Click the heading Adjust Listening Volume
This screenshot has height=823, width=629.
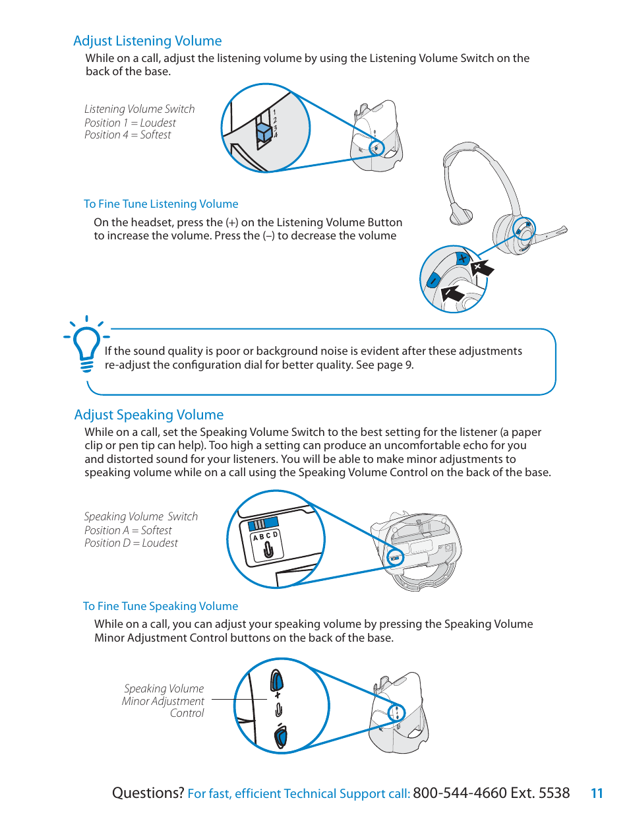click(147, 41)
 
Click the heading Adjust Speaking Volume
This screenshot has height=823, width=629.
click(148, 415)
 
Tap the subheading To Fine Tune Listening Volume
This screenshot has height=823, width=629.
click(161, 204)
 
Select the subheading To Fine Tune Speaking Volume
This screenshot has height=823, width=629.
click(160, 606)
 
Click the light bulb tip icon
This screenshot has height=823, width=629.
click(86, 345)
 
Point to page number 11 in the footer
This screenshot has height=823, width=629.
click(597, 793)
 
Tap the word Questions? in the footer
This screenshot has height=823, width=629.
click(148, 793)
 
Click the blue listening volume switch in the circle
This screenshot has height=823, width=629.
click(264, 131)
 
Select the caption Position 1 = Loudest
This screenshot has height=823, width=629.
click(130, 123)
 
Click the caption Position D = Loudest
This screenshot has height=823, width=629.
click(131, 543)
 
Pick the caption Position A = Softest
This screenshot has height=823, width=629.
click(128, 530)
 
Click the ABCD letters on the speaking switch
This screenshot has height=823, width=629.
click(265, 536)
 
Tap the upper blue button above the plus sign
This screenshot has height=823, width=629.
click(277, 679)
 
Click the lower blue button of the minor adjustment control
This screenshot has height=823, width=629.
click(280, 735)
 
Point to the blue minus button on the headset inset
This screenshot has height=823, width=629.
click(433, 280)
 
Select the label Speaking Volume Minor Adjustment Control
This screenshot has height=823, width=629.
click(164, 700)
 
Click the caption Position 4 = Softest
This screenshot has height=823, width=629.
click(127, 135)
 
